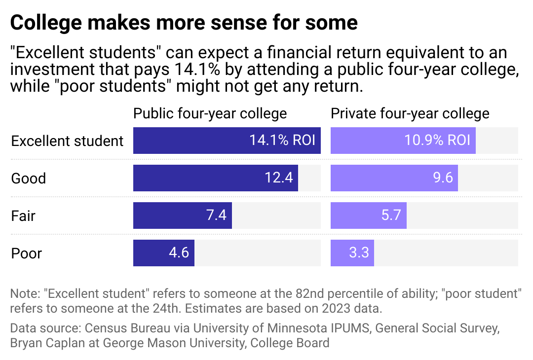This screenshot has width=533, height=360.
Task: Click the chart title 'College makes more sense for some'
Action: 184,23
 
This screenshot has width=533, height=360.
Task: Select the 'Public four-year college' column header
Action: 210,113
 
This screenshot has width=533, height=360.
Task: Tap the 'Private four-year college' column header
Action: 410,113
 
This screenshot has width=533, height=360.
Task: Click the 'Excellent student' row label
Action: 67,141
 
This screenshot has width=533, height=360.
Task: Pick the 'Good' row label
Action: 29,178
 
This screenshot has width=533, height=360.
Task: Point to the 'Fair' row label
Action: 23,216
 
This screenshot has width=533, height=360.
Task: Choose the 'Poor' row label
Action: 27,253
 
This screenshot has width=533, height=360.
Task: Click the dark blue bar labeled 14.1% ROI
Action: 227,141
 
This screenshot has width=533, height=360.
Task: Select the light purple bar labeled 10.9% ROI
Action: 403,141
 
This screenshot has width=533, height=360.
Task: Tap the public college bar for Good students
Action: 215,178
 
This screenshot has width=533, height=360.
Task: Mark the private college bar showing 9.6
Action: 394,178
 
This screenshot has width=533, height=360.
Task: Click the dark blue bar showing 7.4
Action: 182,216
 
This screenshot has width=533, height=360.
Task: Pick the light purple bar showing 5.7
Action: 368,216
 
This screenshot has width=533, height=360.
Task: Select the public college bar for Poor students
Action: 163,253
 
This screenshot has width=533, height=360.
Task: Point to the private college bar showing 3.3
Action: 352,253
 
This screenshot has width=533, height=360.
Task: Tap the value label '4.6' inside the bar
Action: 179,253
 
